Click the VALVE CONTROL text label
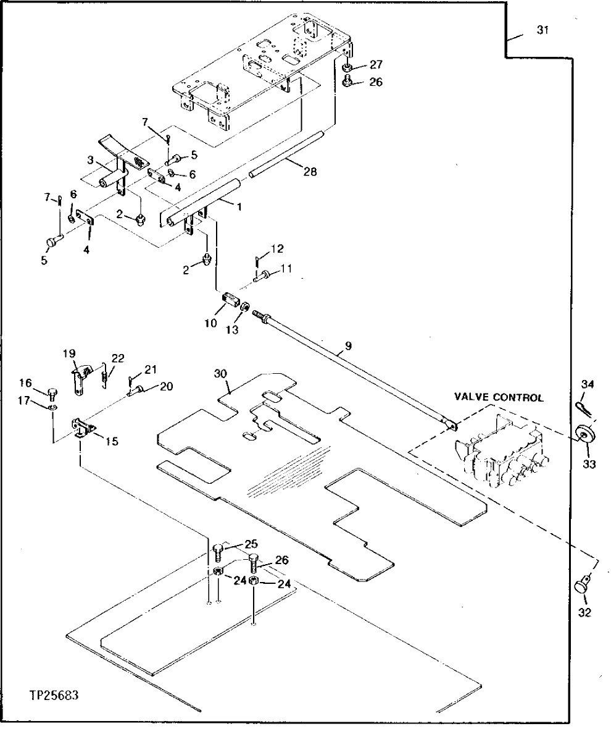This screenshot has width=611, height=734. click(x=499, y=398)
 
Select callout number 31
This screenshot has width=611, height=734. click(x=542, y=31)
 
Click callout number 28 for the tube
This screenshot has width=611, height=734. click(x=310, y=172)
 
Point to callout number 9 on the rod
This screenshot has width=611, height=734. click(x=348, y=346)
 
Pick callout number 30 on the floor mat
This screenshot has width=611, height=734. click(x=221, y=374)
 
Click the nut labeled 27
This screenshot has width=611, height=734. click(x=348, y=67)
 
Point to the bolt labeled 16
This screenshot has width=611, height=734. click(x=52, y=391)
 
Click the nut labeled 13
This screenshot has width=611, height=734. click(x=245, y=306)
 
